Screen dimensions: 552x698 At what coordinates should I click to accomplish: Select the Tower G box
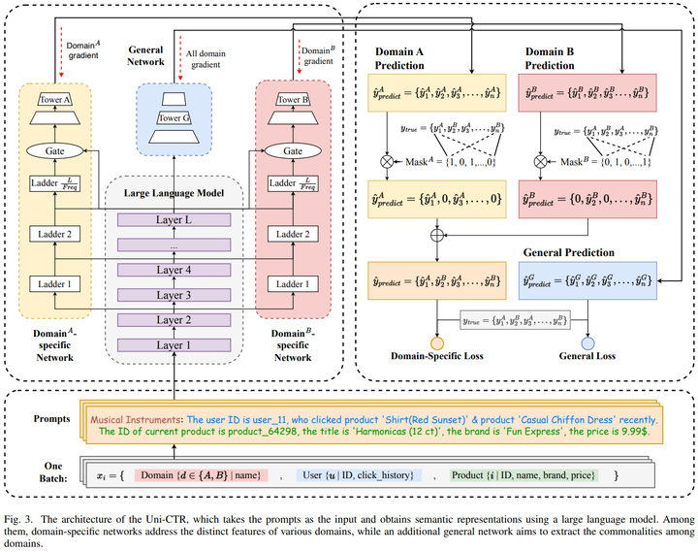174,118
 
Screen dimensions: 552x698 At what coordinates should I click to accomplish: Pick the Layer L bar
174,220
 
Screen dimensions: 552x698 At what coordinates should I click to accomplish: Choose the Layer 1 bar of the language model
174,345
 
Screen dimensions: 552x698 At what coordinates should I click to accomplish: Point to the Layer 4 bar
174,270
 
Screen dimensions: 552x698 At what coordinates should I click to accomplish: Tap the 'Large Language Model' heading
174,192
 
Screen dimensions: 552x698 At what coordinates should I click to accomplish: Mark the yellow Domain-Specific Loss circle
436,343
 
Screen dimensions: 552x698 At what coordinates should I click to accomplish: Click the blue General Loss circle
587,343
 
